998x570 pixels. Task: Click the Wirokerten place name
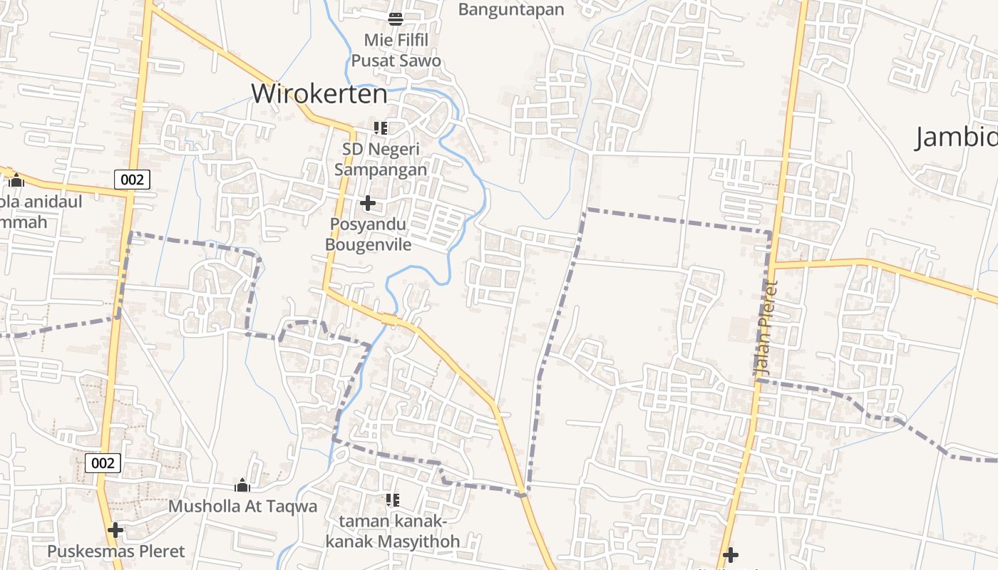pos(319,93)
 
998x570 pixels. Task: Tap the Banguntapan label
pos(511,9)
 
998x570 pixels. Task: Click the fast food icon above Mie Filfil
pos(396,19)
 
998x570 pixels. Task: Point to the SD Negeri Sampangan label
pos(381,159)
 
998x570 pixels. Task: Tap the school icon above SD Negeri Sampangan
pos(381,128)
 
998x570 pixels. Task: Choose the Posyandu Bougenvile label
pos(369,234)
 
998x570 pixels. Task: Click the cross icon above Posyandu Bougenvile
pos(368,204)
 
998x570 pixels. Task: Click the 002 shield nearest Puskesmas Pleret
pos(103,463)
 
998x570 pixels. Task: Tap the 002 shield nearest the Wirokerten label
pos(132,180)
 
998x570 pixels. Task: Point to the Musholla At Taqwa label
pos(242,507)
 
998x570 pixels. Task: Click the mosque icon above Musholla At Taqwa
pos(242,486)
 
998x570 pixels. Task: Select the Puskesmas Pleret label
pos(115,551)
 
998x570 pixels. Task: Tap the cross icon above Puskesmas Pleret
pos(115,530)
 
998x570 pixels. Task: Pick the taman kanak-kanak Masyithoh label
pos(392,531)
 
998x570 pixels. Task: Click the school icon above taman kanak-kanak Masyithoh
pos(392,500)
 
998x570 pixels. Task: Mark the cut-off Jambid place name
pos(956,137)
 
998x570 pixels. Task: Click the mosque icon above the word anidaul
pos(16,180)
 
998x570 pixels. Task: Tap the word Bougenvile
pos(369,244)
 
